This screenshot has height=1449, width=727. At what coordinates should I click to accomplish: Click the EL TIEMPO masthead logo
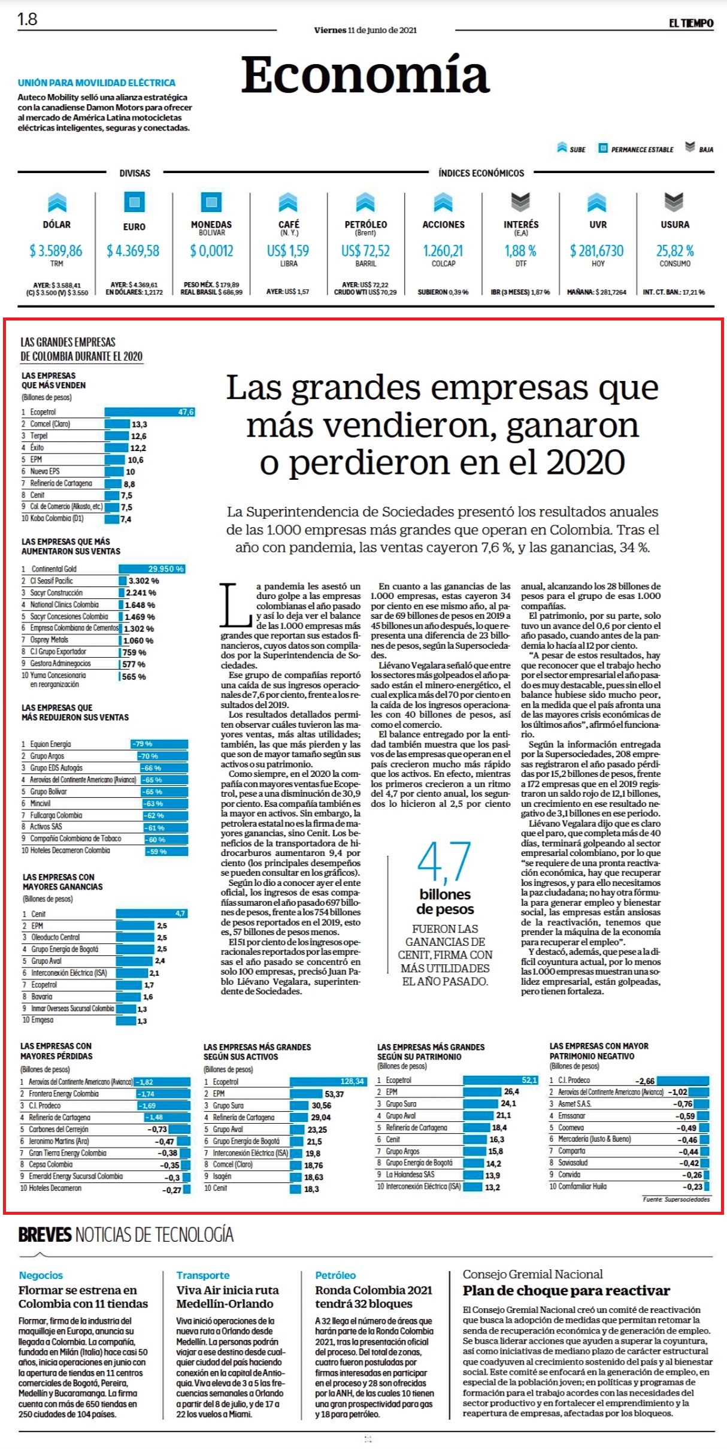click(691, 23)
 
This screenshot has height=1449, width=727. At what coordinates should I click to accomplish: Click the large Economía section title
click(365, 75)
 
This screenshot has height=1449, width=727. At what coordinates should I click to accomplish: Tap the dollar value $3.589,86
click(56, 250)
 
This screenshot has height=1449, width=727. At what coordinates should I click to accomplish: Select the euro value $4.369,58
click(133, 250)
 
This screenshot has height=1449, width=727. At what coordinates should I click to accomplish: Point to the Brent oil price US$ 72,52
click(365, 250)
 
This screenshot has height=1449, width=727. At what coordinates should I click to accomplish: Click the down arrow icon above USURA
click(674, 202)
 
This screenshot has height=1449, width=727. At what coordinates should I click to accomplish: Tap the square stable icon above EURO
click(134, 202)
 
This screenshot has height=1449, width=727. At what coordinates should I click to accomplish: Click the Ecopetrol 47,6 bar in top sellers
click(150, 412)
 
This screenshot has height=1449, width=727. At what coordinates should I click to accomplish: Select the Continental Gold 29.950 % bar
click(152, 568)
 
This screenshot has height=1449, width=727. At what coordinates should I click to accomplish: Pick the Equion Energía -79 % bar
click(159, 744)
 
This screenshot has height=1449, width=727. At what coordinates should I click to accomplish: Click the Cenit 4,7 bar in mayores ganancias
click(152, 913)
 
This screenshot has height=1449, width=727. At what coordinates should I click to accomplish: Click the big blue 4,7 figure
click(444, 862)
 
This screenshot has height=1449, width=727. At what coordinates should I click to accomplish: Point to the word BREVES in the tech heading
click(45, 1235)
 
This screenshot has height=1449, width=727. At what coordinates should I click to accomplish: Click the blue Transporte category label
click(203, 1275)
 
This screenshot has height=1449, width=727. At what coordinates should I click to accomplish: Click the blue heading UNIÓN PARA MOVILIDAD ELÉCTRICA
click(96, 83)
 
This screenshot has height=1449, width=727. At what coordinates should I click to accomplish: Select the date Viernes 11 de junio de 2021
click(365, 30)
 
